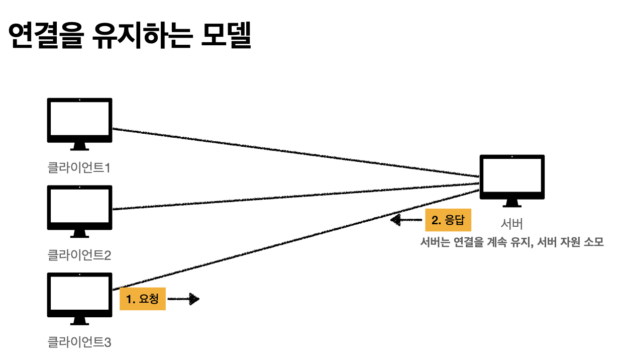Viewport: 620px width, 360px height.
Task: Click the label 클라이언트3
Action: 79,343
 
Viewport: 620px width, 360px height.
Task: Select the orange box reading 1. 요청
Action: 143,299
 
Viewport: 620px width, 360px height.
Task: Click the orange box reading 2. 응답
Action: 448,220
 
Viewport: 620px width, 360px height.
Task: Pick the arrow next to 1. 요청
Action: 183,299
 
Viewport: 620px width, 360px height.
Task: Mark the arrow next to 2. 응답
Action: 406,220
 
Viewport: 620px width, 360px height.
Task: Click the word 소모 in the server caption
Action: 593,242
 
